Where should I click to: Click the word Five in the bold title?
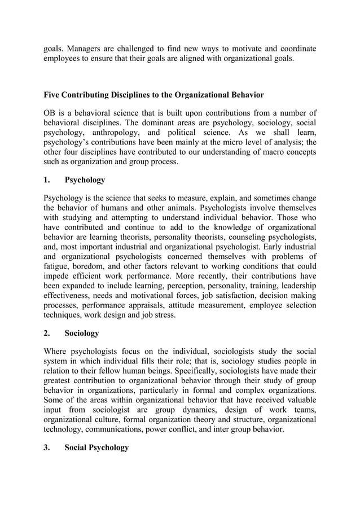[53, 94]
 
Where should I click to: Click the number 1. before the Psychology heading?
[47, 180]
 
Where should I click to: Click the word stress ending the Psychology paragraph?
[164, 314]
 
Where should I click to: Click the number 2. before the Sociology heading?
[47, 333]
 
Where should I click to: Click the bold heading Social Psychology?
[96, 447]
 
